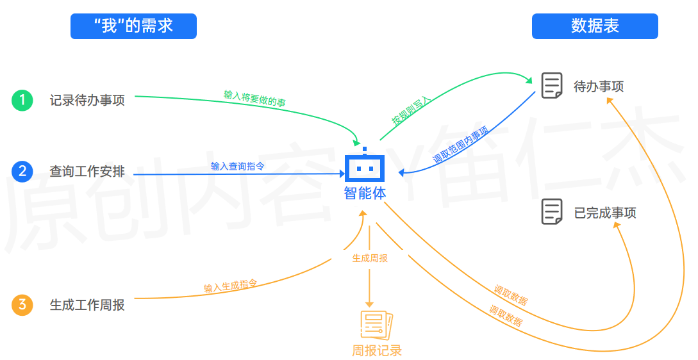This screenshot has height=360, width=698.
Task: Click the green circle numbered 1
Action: click(22, 101)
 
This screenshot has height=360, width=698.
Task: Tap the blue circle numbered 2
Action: click(22, 172)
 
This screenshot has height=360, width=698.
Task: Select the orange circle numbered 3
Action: click(22, 305)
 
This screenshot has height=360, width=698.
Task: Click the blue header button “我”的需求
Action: click(133, 26)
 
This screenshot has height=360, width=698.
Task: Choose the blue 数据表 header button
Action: click(595, 26)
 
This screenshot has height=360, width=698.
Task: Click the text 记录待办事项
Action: click(87, 101)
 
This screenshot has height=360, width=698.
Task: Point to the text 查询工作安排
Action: click(87, 172)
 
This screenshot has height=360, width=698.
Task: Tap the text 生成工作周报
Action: click(87, 305)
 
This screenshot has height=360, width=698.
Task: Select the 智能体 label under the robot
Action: click(365, 193)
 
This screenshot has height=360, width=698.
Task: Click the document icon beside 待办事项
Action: click(552, 86)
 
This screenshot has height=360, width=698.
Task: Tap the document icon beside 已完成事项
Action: click(552, 212)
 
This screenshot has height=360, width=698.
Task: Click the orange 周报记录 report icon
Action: click(376, 325)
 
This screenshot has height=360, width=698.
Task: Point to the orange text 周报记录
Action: click(376, 350)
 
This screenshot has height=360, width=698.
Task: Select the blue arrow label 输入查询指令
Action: click(237, 167)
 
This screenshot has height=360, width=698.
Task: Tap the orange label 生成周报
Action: click(370, 258)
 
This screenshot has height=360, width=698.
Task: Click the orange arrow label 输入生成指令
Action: click(230, 286)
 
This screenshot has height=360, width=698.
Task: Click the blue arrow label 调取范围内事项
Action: click(460, 145)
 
